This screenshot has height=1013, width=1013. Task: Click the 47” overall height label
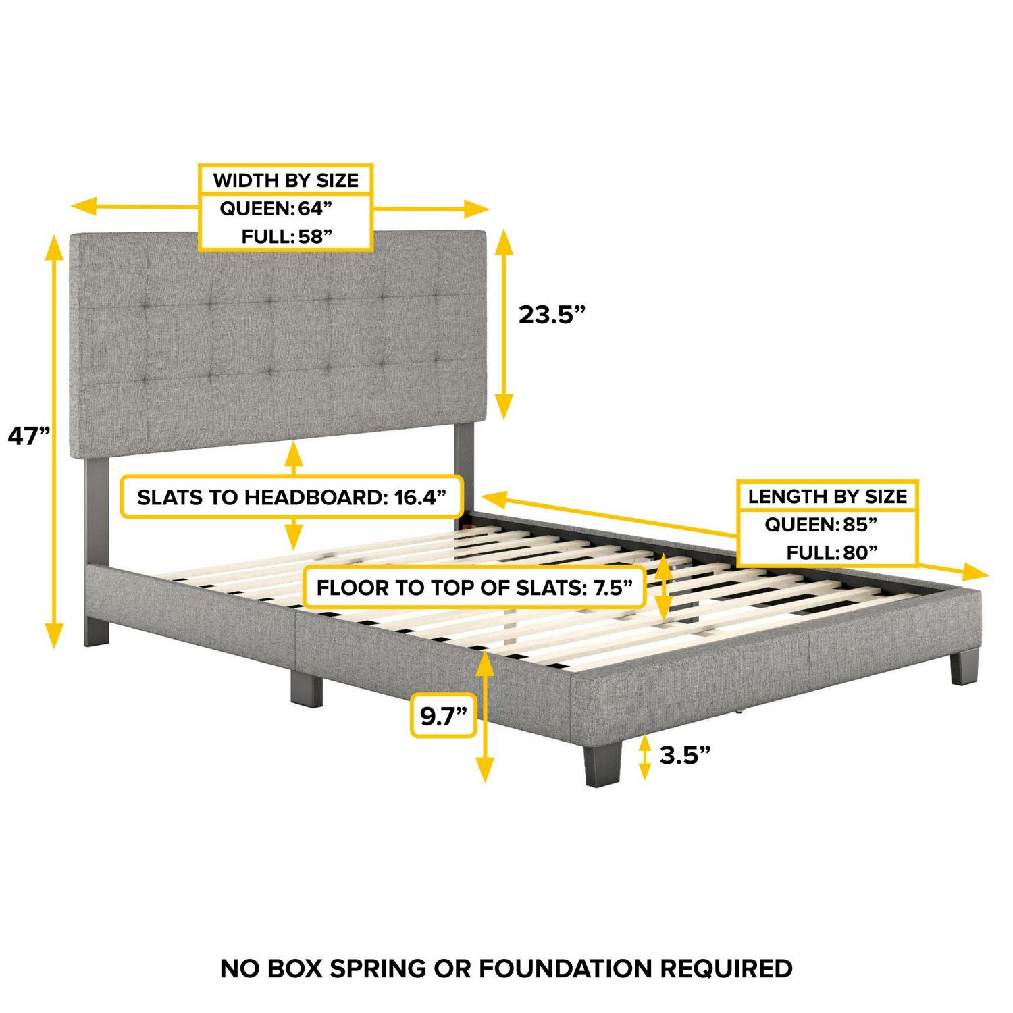[x=29, y=436]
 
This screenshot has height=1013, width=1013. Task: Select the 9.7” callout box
[x=444, y=717]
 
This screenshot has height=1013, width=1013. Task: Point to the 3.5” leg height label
[x=685, y=755]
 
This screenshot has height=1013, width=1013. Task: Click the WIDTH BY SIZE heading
[x=286, y=180]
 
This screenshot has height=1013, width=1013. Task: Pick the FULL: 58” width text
[x=287, y=236]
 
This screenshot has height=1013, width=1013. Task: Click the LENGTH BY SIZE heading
[x=827, y=497]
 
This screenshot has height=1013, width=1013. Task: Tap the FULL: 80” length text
[x=831, y=552]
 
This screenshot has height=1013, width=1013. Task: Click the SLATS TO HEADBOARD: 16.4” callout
[x=292, y=498]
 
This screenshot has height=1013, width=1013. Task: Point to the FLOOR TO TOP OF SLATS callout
[x=474, y=588]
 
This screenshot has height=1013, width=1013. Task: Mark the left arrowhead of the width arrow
[x=84, y=207]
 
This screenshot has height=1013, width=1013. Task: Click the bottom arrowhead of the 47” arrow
[x=54, y=635]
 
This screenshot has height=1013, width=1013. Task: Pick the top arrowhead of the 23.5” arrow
[x=503, y=242]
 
